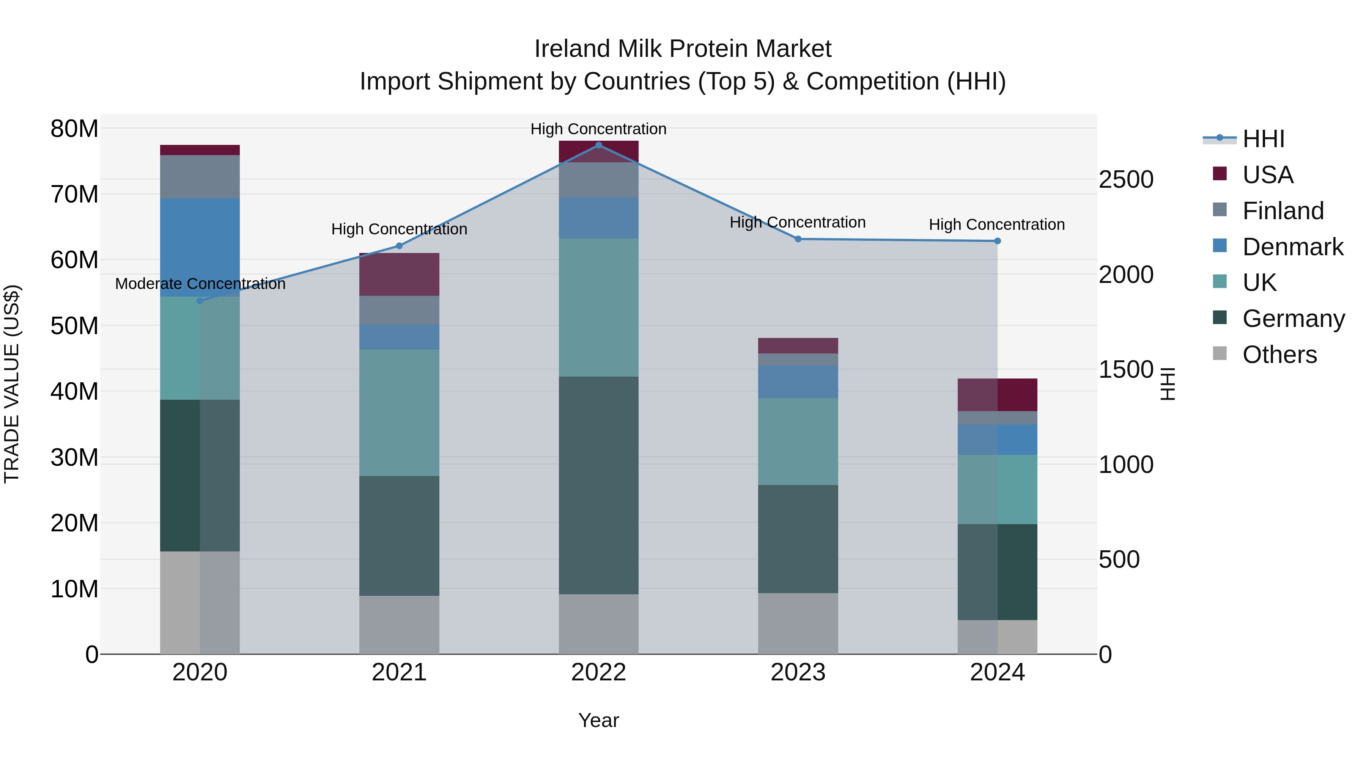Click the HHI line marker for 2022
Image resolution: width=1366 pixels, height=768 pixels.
[x=599, y=145]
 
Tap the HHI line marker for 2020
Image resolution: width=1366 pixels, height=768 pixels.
[x=200, y=300]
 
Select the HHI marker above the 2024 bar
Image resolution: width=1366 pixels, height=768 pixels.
[x=998, y=241]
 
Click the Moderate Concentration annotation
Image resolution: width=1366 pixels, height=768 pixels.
[x=200, y=284]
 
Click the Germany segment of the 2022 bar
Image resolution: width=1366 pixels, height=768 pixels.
[x=599, y=485]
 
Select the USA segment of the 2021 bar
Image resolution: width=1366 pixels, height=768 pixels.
[x=399, y=274]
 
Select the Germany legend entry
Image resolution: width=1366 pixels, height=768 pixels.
[x=1293, y=319]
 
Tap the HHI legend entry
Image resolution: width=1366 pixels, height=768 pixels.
[x=1263, y=139]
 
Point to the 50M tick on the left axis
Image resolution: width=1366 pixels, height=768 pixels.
[x=74, y=326]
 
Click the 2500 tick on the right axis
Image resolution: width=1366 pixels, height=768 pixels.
[x=1125, y=180]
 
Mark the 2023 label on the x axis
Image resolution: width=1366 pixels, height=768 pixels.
[x=798, y=672]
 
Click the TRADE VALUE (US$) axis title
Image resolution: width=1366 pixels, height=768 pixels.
[x=12, y=384]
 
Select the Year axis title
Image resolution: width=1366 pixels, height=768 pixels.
[x=599, y=720]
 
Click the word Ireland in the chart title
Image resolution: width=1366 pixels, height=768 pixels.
[x=572, y=49]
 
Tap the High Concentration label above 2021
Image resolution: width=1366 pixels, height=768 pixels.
[x=399, y=229]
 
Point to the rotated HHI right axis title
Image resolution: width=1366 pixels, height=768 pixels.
[x=1168, y=384]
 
